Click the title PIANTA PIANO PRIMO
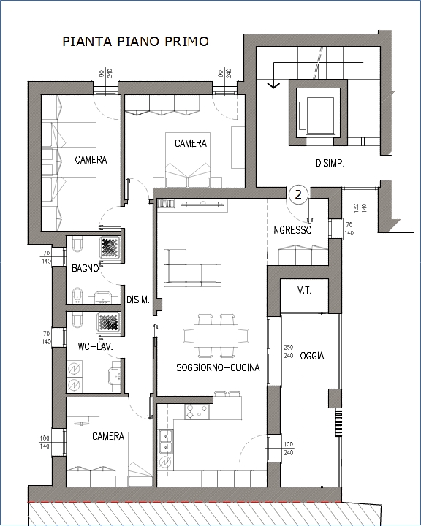[x=136, y=41]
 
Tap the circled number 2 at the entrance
[x=298, y=194]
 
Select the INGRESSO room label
[x=292, y=230]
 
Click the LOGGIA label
[x=310, y=356]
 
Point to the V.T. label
[x=305, y=291]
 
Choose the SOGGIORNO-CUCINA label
[x=218, y=367]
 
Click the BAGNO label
[x=86, y=268]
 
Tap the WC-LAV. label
[x=95, y=346]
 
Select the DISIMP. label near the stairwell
[x=330, y=164]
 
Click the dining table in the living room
[x=216, y=336]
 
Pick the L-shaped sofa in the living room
[x=192, y=268]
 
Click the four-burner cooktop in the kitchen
[x=197, y=411]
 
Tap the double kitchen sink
[x=166, y=441]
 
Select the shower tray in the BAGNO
[x=110, y=248]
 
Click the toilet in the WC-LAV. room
[x=77, y=320]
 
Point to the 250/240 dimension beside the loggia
[x=289, y=351]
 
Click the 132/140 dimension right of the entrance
[x=360, y=207]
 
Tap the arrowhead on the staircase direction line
[x=273, y=85]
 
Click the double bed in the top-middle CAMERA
[x=188, y=160]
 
